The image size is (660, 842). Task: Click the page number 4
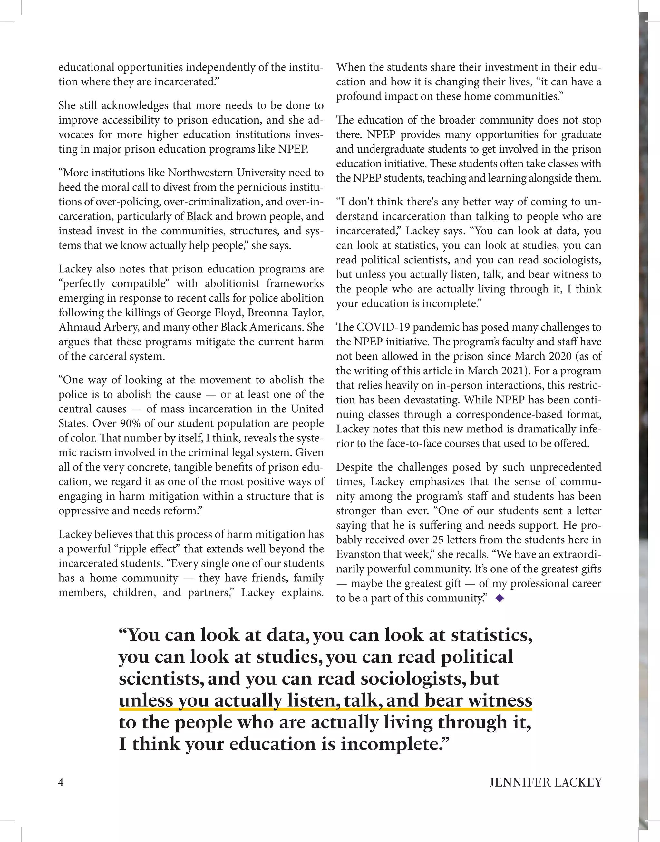pyautogui.click(x=61, y=782)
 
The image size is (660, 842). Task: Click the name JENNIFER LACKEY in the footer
pyautogui.click(x=545, y=782)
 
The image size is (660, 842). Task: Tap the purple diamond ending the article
pyautogui.click(x=499, y=599)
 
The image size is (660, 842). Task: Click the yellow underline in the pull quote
pyautogui.click(x=325, y=709)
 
